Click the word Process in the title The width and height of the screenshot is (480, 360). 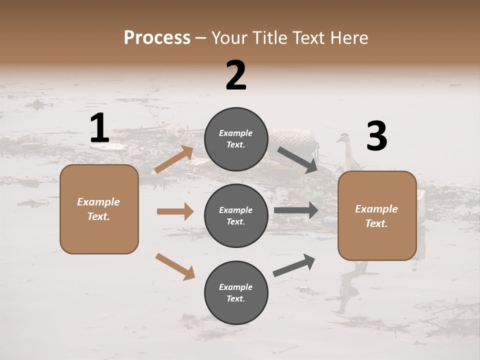(x=157, y=38)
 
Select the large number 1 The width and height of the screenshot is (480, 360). (x=99, y=128)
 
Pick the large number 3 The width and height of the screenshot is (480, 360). (x=376, y=136)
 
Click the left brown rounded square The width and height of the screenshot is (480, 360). (x=99, y=209)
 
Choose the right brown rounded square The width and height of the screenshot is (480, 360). (x=377, y=215)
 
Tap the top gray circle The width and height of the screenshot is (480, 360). (x=236, y=139)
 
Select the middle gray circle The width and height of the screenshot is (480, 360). (x=236, y=215)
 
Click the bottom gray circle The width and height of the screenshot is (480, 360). (x=236, y=292)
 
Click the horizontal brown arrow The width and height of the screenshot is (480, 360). (x=175, y=211)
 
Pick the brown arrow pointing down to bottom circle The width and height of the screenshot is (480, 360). (x=175, y=266)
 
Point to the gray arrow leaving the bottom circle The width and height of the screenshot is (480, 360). (x=294, y=265)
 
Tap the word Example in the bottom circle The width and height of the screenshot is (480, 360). (x=236, y=287)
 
